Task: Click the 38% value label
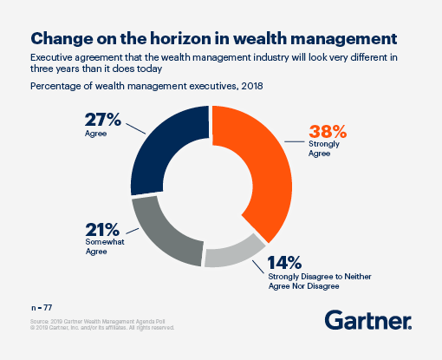[328, 133]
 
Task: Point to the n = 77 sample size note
[41, 307]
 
